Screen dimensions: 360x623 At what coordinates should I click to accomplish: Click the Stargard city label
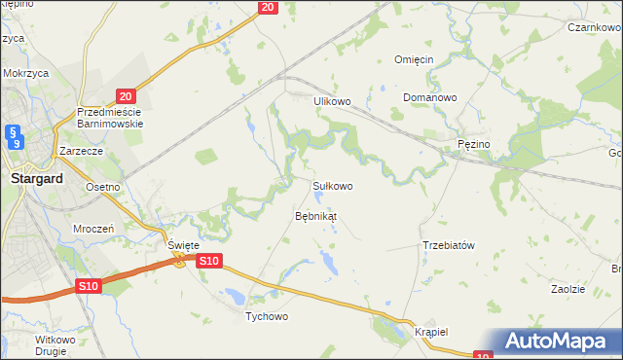coord(36,179)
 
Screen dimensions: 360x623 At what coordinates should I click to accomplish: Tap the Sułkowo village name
coord(331,185)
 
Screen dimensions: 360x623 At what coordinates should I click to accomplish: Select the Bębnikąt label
coord(316,215)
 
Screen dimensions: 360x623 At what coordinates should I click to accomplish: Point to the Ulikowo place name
coord(331,100)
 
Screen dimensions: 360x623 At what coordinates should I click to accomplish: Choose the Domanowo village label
coord(430,98)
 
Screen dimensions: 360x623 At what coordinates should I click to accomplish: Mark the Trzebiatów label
coord(448,245)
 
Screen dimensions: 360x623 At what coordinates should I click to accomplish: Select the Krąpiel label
coord(428,331)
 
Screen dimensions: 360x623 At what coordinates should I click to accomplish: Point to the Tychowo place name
coord(267,317)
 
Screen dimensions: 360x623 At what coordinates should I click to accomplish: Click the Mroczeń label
coord(94,228)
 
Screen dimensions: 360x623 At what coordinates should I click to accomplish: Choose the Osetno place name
coord(102,187)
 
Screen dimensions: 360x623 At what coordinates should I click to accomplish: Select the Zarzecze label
coord(81,152)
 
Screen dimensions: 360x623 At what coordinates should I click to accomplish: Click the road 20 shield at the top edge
coord(270,7)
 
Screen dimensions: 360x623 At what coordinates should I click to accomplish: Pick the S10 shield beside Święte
coord(210,261)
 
